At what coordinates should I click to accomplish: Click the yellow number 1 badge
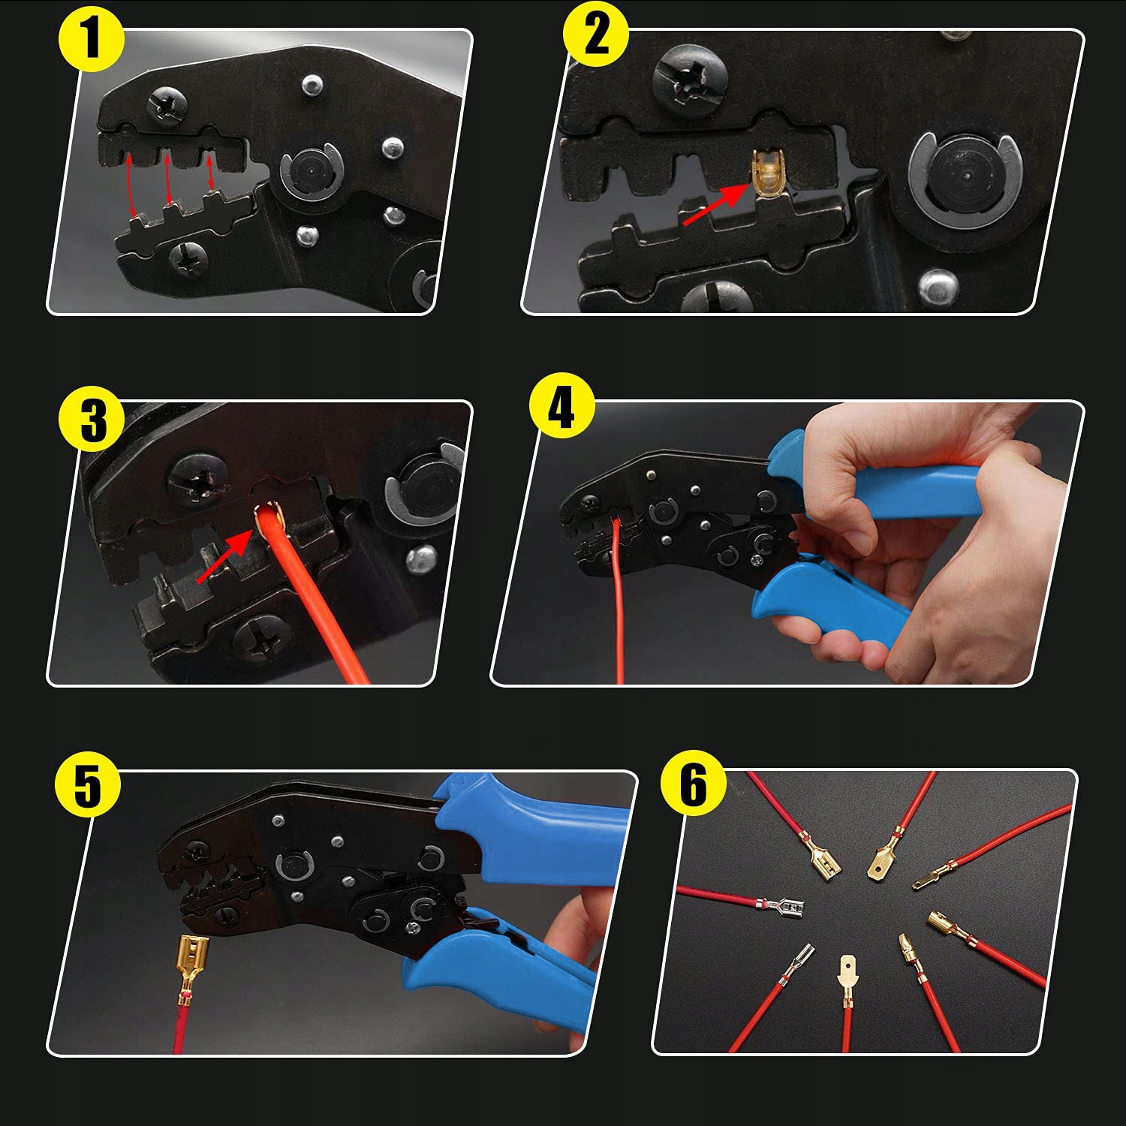pyautogui.click(x=91, y=39)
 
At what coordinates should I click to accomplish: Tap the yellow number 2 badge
pyautogui.click(x=596, y=35)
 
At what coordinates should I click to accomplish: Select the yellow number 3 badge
pyautogui.click(x=92, y=419)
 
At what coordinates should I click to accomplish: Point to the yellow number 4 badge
pyautogui.click(x=561, y=408)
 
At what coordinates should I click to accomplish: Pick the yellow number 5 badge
pyautogui.click(x=87, y=785)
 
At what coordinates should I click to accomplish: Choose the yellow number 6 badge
pyautogui.click(x=693, y=784)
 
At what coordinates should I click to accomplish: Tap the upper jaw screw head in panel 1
pyautogui.click(x=167, y=104)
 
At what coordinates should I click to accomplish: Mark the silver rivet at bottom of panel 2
pyautogui.click(x=938, y=286)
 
